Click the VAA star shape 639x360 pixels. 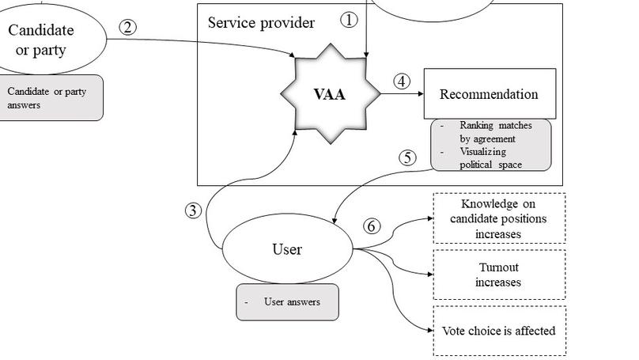[x=330, y=93]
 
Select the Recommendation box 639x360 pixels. [x=489, y=93]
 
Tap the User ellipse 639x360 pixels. [x=287, y=249]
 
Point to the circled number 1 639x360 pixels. [x=349, y=21]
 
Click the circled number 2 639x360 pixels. [x=128, y=27]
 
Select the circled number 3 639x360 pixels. [x=194, y=210]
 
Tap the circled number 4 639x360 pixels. [x=402, y=81]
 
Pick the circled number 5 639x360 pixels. [x=407, y=157]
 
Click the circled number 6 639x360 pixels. [x=372, y=226]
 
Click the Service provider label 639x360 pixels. [x=261, y=22]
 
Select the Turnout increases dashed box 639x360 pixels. [x=498, y=275]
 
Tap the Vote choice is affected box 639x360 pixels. [x=498, y=331]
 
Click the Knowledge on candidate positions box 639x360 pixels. [x=498, y=218]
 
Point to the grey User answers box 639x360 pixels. [x=287, y=301]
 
